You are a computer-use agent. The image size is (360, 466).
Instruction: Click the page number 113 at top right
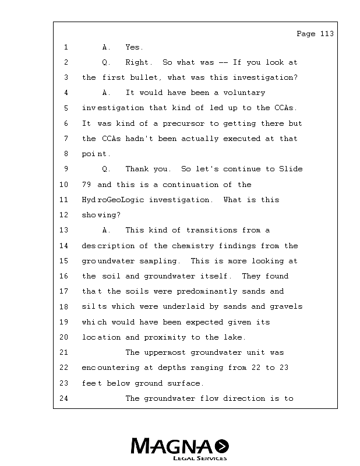coord(326,34)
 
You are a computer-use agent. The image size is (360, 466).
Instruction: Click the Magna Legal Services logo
coord(179,449)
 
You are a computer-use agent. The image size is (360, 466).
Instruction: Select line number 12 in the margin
coord(64,215)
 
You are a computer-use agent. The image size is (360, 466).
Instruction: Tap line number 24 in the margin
coord(64,398)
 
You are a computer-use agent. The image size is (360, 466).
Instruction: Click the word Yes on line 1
coord(134,47)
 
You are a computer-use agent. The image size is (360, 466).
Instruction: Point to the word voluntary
coord(244,93)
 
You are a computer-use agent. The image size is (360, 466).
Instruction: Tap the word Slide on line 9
coord(291,169)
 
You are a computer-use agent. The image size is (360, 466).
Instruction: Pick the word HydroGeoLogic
coord(112,200)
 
